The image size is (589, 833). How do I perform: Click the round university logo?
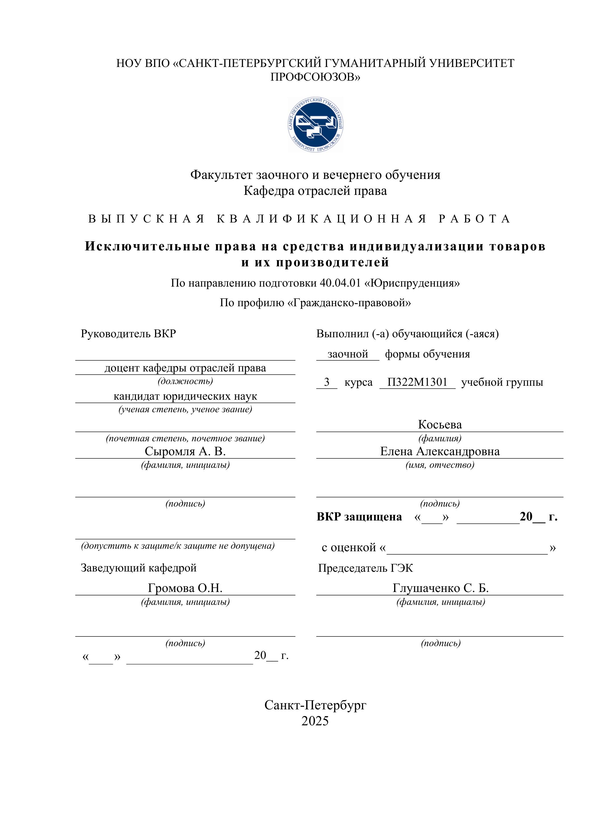[315, 124]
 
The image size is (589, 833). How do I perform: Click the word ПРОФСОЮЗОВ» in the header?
[315, 77]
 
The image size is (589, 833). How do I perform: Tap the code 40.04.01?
[340, 283]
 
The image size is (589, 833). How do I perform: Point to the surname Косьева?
[439, 424]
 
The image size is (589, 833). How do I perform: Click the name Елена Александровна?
[439, 451]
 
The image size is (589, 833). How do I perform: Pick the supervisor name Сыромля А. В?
[185, 451]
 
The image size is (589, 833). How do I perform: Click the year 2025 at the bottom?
[315, 721]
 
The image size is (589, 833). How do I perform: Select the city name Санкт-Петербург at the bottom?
[315, 705]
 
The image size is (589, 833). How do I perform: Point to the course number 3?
[327, 382]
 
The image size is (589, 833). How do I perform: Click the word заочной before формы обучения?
[348, 354]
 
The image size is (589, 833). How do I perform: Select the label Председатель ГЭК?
[365, 568]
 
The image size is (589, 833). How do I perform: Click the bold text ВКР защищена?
[359, 516]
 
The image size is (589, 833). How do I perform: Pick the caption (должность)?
[185, 381]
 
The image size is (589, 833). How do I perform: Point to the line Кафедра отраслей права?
[315, 191]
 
